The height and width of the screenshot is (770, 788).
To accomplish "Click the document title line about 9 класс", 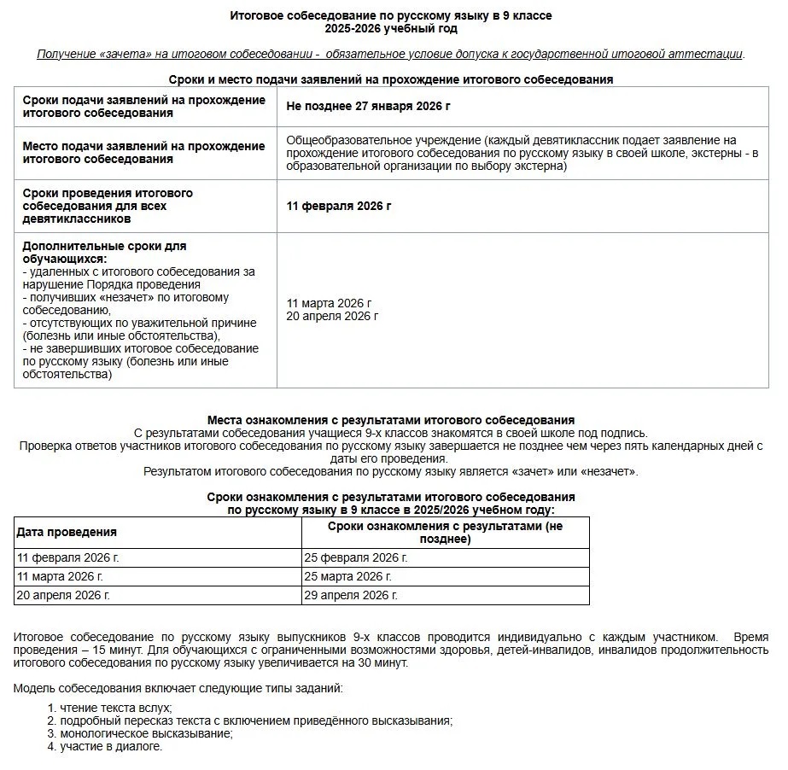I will tap(391, 15).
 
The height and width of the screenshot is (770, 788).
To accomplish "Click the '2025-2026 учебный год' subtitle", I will tap(391, 28).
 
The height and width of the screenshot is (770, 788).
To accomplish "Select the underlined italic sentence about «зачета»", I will tap(391, 54).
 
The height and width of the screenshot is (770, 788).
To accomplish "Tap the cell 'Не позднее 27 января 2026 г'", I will tap(368, 107).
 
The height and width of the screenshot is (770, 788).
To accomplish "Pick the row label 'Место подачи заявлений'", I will tap(143, 152).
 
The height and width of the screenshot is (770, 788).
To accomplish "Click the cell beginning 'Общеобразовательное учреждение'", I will tap(522, 153).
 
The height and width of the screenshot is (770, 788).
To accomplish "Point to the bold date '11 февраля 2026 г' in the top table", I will tap(339, 206).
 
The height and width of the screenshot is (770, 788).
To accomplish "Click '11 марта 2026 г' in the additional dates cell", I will tap(329, 303).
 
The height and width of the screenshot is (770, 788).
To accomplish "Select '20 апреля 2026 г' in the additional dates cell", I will tap(332, 316).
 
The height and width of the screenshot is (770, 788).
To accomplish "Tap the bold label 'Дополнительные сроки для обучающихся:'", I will tap(104, 252).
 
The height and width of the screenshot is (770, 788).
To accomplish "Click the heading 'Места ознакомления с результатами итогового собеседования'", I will tap(391, 420).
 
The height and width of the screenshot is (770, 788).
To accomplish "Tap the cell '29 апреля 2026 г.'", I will tap(351, 595).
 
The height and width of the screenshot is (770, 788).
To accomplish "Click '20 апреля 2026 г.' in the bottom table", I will tap(63, 595).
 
